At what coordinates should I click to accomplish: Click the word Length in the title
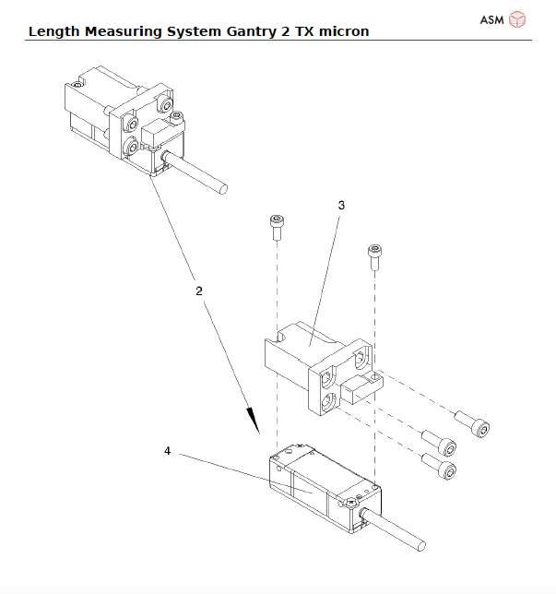point(53,31)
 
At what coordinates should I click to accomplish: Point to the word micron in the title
point(340,31)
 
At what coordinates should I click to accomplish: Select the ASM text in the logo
point(492,18)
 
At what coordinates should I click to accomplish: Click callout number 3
point(341,206)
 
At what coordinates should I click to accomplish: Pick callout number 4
point(167,451)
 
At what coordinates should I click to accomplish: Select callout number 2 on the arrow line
point(199,290)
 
